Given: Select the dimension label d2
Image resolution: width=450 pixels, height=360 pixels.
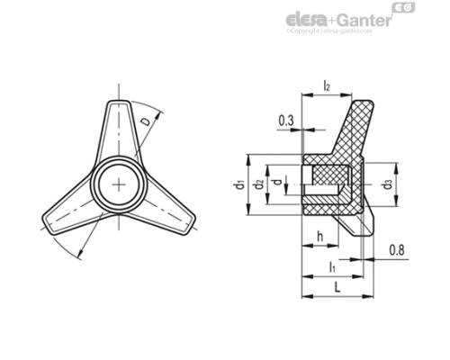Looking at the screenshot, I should pos(258,184).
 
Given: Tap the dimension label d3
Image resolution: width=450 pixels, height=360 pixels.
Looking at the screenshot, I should pos(387,184).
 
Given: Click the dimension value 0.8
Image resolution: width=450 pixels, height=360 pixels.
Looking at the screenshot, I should pos(396,250).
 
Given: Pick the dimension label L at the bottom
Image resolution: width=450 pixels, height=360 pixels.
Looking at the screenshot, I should pos(336,286).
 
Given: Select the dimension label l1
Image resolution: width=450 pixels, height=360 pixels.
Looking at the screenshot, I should pos(332,267).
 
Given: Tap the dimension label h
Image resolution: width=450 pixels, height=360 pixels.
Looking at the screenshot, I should pos(320,238).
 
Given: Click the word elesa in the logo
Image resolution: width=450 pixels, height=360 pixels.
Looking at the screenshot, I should pos(306,20).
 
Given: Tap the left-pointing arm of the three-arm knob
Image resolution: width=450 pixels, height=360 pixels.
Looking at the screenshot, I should pos(67,221).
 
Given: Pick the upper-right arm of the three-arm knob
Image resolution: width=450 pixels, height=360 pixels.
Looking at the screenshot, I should pos(118,127).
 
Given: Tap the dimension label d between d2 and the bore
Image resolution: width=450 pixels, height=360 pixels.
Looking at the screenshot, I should pos(275,183).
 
